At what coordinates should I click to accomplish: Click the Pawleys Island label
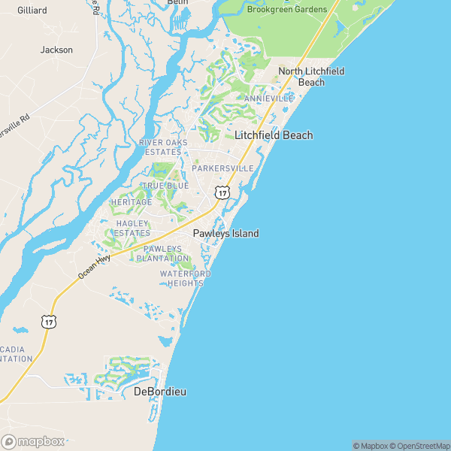tap(225, 234)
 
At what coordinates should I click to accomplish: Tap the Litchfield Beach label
tap(274, 135)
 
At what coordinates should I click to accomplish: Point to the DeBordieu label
tap(159, 392)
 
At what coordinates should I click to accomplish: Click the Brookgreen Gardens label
tap(287, 9)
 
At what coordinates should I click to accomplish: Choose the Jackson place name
tap(57, 50)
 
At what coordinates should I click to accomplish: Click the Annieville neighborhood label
tap(269, 98)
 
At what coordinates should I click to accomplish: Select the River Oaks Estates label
tap(160, 147)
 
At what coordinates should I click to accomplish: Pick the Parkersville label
tap(222, 168)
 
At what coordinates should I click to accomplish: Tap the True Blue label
tap(165, 186)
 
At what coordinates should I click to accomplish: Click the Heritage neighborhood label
tap(132, 202)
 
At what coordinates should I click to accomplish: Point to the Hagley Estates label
tap(133, 229)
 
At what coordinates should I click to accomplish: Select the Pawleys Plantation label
tap(163, 253)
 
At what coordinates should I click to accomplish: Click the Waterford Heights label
tap(185, 278)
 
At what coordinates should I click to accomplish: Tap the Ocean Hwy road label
tap(94, 268)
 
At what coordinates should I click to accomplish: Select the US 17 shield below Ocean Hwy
tap(49, 321)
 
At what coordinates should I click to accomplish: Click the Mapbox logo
tap(33, 442)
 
